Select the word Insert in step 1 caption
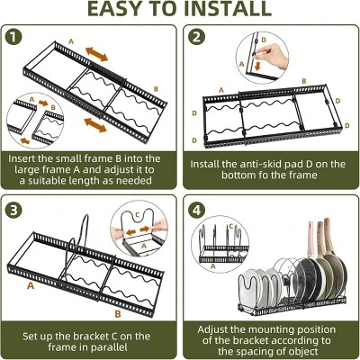27,158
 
